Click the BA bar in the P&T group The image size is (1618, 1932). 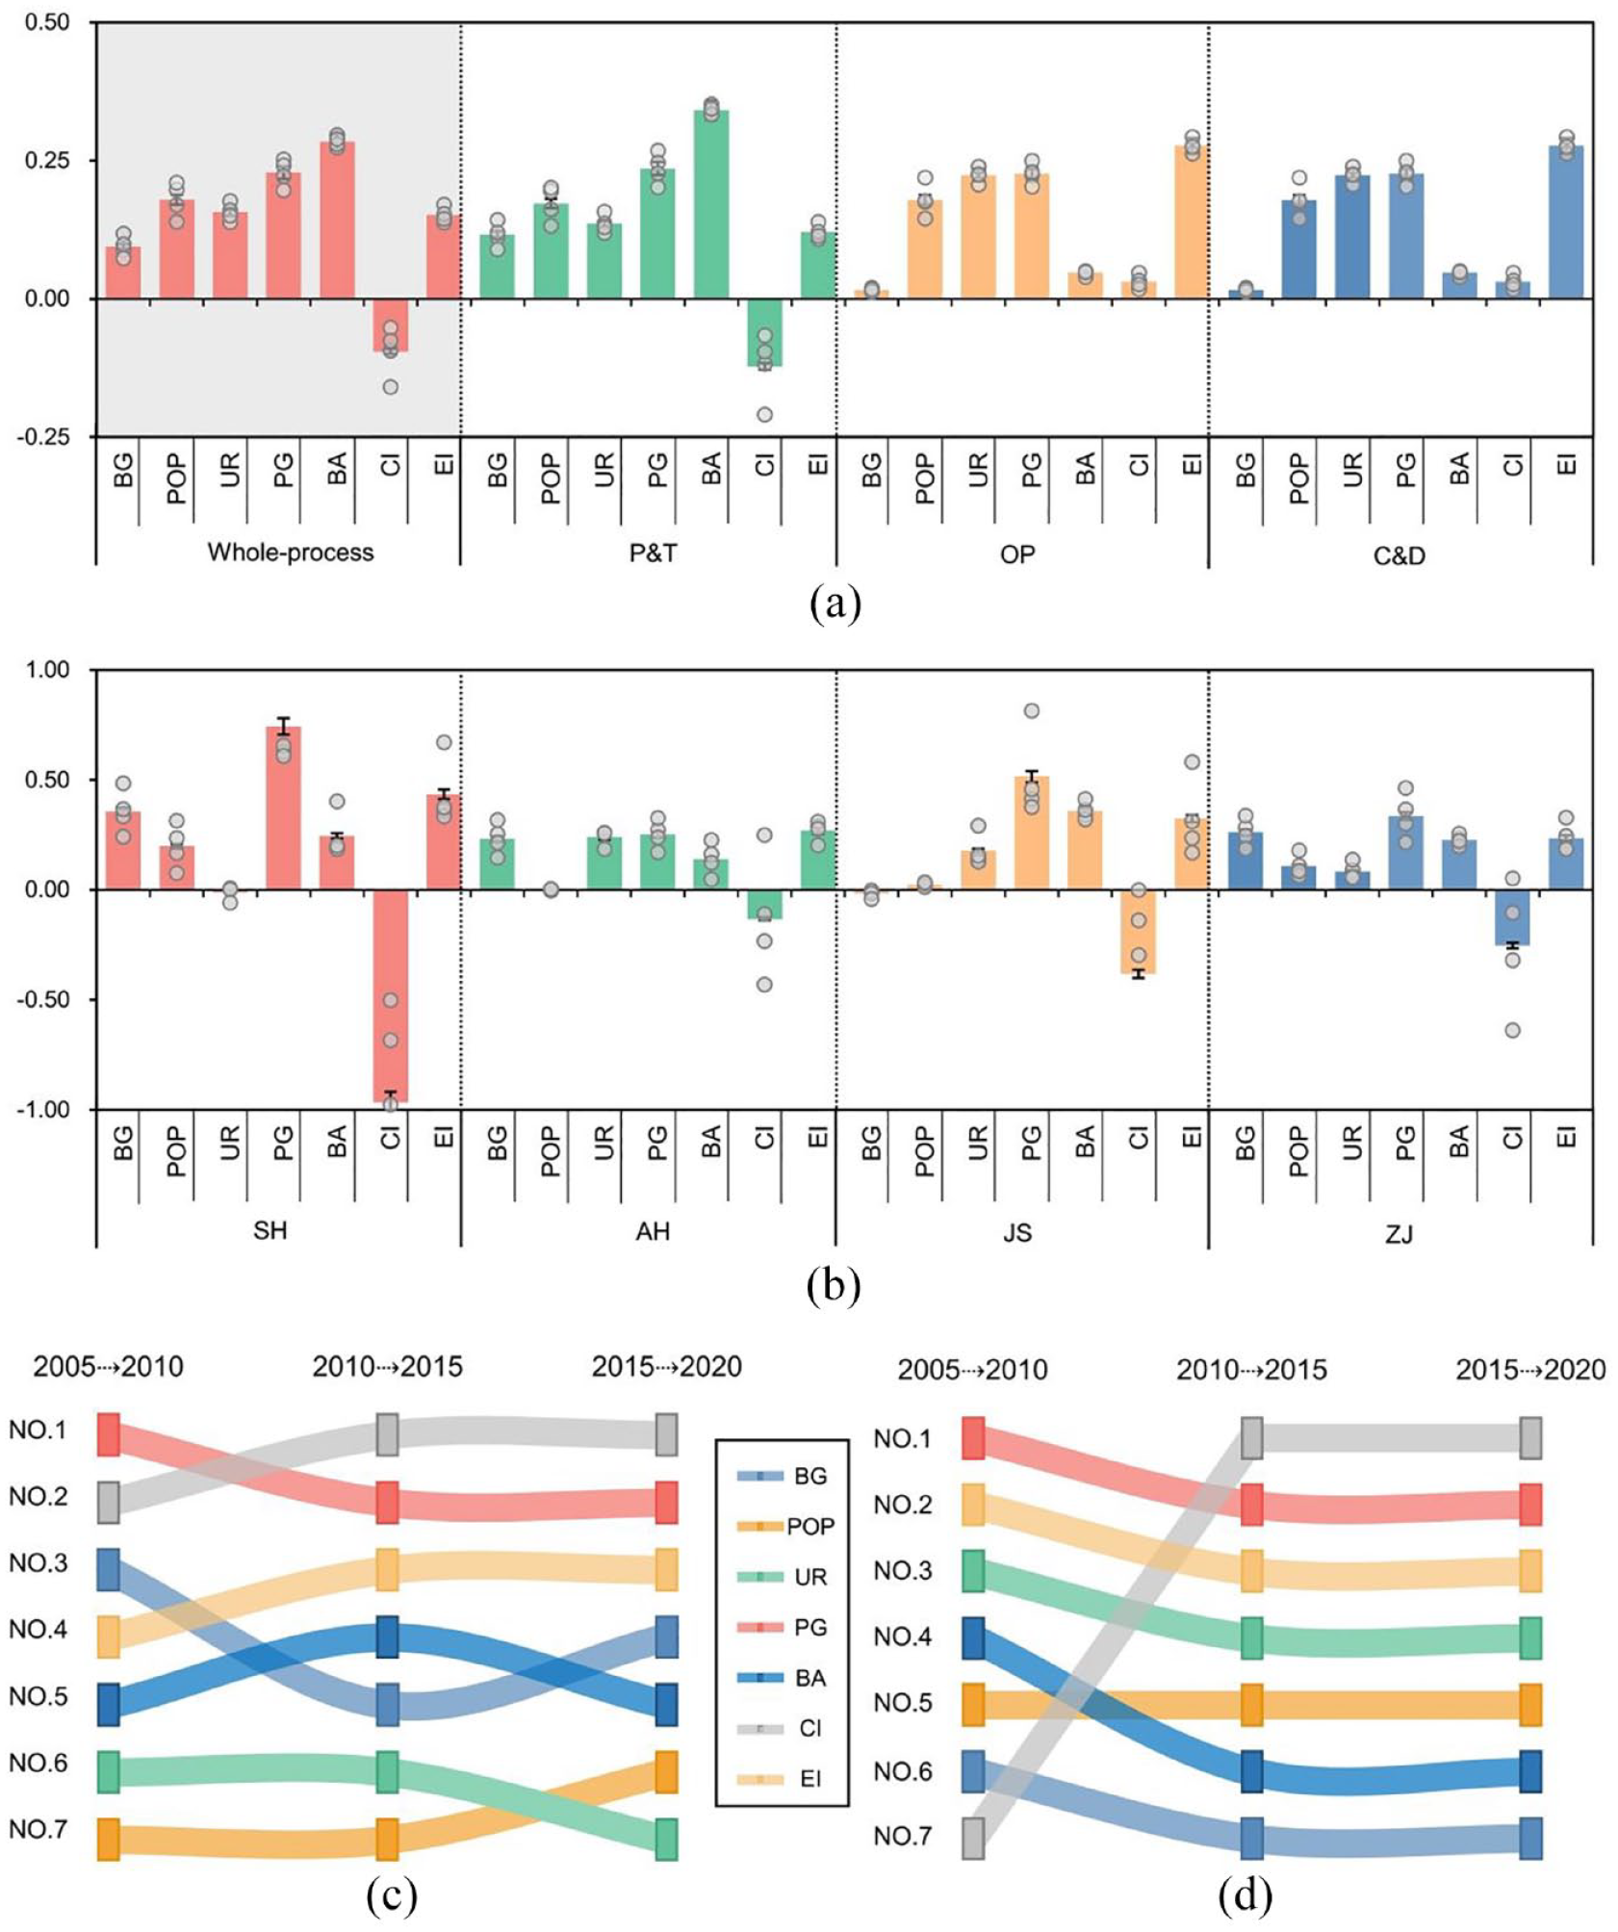tap(710, 204)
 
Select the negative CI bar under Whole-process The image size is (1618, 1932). tap(390, 324)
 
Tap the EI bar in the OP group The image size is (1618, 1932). tap(1192, 221)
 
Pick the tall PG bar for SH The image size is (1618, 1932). tap(283, 808)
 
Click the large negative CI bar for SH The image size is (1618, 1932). tap(390, 995)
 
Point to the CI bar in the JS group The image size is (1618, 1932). tap(1138, 932)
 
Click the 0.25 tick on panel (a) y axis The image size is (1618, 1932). tap(47, 160)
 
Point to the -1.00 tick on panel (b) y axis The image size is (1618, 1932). tap(42, 1110)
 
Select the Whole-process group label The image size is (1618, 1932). tap(291, 552)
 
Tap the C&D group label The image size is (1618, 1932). tap(1400, 554)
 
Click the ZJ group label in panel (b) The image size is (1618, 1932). tap(1400, 1232)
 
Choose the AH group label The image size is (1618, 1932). tap(653, 1232)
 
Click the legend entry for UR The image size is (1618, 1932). tap(783, 1577)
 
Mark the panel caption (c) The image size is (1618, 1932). tap(393, 1895)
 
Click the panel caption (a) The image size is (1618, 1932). tap(835, 605)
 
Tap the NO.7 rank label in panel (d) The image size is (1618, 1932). tap(903, 1836)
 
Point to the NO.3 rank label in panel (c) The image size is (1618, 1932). tap(39, 1562)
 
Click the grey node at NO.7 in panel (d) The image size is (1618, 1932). tap(973, 1839)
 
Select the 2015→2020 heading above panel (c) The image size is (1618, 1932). tap(667, 1367)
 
